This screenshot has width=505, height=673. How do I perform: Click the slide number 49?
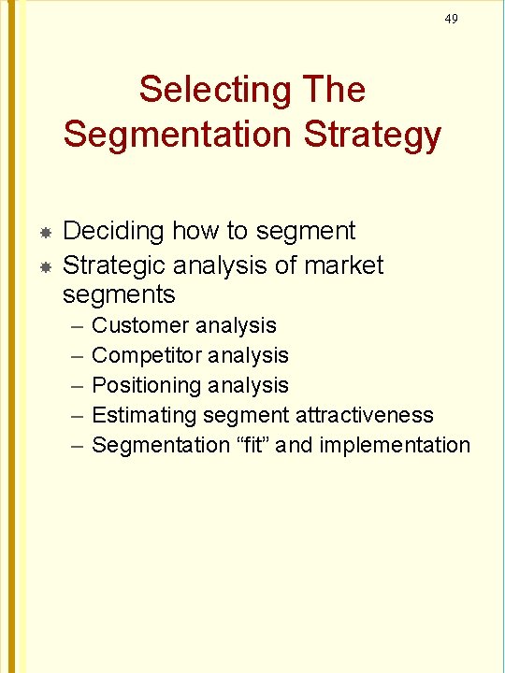tap(452, 19)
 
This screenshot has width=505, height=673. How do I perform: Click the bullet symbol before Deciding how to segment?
tap(44, 231)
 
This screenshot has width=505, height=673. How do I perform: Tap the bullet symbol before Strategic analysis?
tap(44, 266)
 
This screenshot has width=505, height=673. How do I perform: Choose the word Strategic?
tap(121, 265)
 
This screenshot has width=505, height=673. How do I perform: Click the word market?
tap(342, 265)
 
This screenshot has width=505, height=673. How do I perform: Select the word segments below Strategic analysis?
tap(119, 295)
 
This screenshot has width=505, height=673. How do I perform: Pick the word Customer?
tap(141, 325)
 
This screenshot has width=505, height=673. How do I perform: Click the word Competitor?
tap(147, 355)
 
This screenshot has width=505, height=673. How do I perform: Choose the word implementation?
tap(395, 445)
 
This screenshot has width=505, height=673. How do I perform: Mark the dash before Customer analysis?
tap(74, 326)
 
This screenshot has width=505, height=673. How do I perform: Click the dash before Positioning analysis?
tap(74, 386)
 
